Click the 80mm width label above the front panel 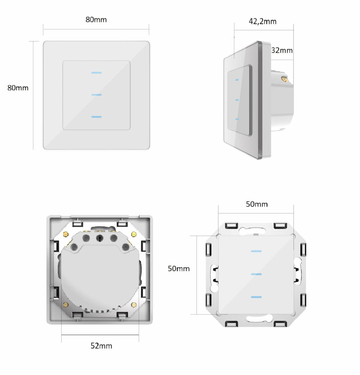(x=96, y=19)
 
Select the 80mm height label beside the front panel (x=18, y=88)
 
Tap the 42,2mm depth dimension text (x=263, y=22)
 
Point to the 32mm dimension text (x=282, y=50)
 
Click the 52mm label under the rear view (x=101, y=346)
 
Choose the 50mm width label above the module (x=257, y=204)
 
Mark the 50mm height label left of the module (x=179, y=268)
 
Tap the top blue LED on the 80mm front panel (x=96, y=73)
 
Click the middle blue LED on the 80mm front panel (x=96, y=95)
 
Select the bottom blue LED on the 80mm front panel (x=96, y=117)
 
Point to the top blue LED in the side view (x=237, y=80)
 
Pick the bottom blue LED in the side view (x=237, y=119)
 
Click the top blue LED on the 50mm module (x=256, y=251)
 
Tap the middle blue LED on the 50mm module (x=256, y=274)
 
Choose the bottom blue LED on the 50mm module (x=256, y=297)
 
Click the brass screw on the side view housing (x=285, y=77)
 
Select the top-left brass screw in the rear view (x=66, y=235)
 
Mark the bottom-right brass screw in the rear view (x=134, y=305)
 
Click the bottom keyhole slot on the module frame (x=258, y=318)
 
